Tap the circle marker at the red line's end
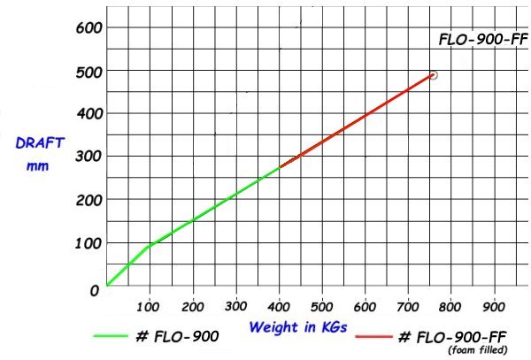(x=433, y=75)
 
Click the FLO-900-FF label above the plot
(x=482, y=40)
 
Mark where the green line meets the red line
(x=280, y=166)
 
